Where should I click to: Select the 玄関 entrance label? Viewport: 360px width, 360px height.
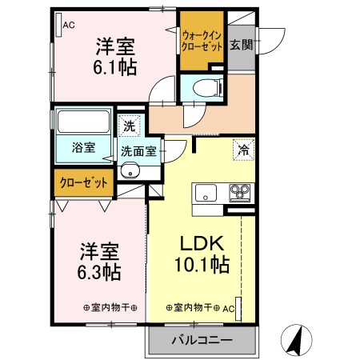tap(242, 45)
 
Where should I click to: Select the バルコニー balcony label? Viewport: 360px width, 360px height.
tap(202, 341)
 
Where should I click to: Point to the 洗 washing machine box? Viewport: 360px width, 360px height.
tap(129, 126)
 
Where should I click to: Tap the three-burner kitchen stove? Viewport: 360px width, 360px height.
tap(239, 192)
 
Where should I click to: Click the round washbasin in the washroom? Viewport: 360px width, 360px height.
tap(130, 170)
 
